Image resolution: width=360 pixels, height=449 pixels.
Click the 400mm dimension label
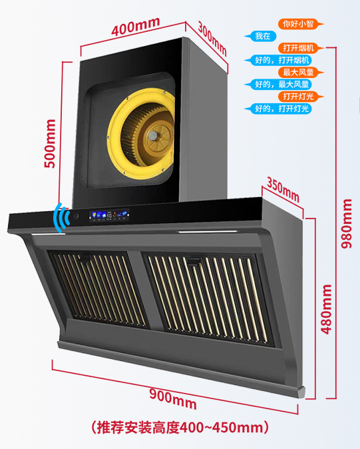tap(135, 27)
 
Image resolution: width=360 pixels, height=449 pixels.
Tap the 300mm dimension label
tap(212, 39)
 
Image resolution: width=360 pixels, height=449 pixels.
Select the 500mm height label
tap(50, 144)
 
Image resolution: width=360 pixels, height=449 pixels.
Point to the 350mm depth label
tap(283, 190)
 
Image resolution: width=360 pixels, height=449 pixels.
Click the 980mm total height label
tap(347, 223)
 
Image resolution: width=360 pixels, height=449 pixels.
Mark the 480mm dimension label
tap(326, 309)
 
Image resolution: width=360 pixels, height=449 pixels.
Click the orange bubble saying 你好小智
tap(301, 24)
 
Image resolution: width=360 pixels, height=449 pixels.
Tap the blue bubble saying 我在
tap(260, 36)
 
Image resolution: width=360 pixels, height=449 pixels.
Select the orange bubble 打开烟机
tap(301, 48)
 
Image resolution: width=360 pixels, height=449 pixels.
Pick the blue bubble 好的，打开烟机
tap(277, 60)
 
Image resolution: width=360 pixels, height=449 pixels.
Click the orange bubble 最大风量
tap(301, 72)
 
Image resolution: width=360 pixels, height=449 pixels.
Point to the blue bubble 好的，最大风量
tap(277, 85)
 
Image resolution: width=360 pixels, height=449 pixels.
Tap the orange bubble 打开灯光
tap(301, 97)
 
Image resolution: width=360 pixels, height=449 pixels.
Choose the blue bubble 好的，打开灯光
tap(277, 109)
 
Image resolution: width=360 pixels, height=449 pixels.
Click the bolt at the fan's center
tap(153, 135)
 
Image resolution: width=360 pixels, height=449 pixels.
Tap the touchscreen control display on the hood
tap(109, 215)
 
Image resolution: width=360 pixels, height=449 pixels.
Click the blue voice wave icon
tap(62, 218)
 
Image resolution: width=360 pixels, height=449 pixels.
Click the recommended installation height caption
tap(180, 428)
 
